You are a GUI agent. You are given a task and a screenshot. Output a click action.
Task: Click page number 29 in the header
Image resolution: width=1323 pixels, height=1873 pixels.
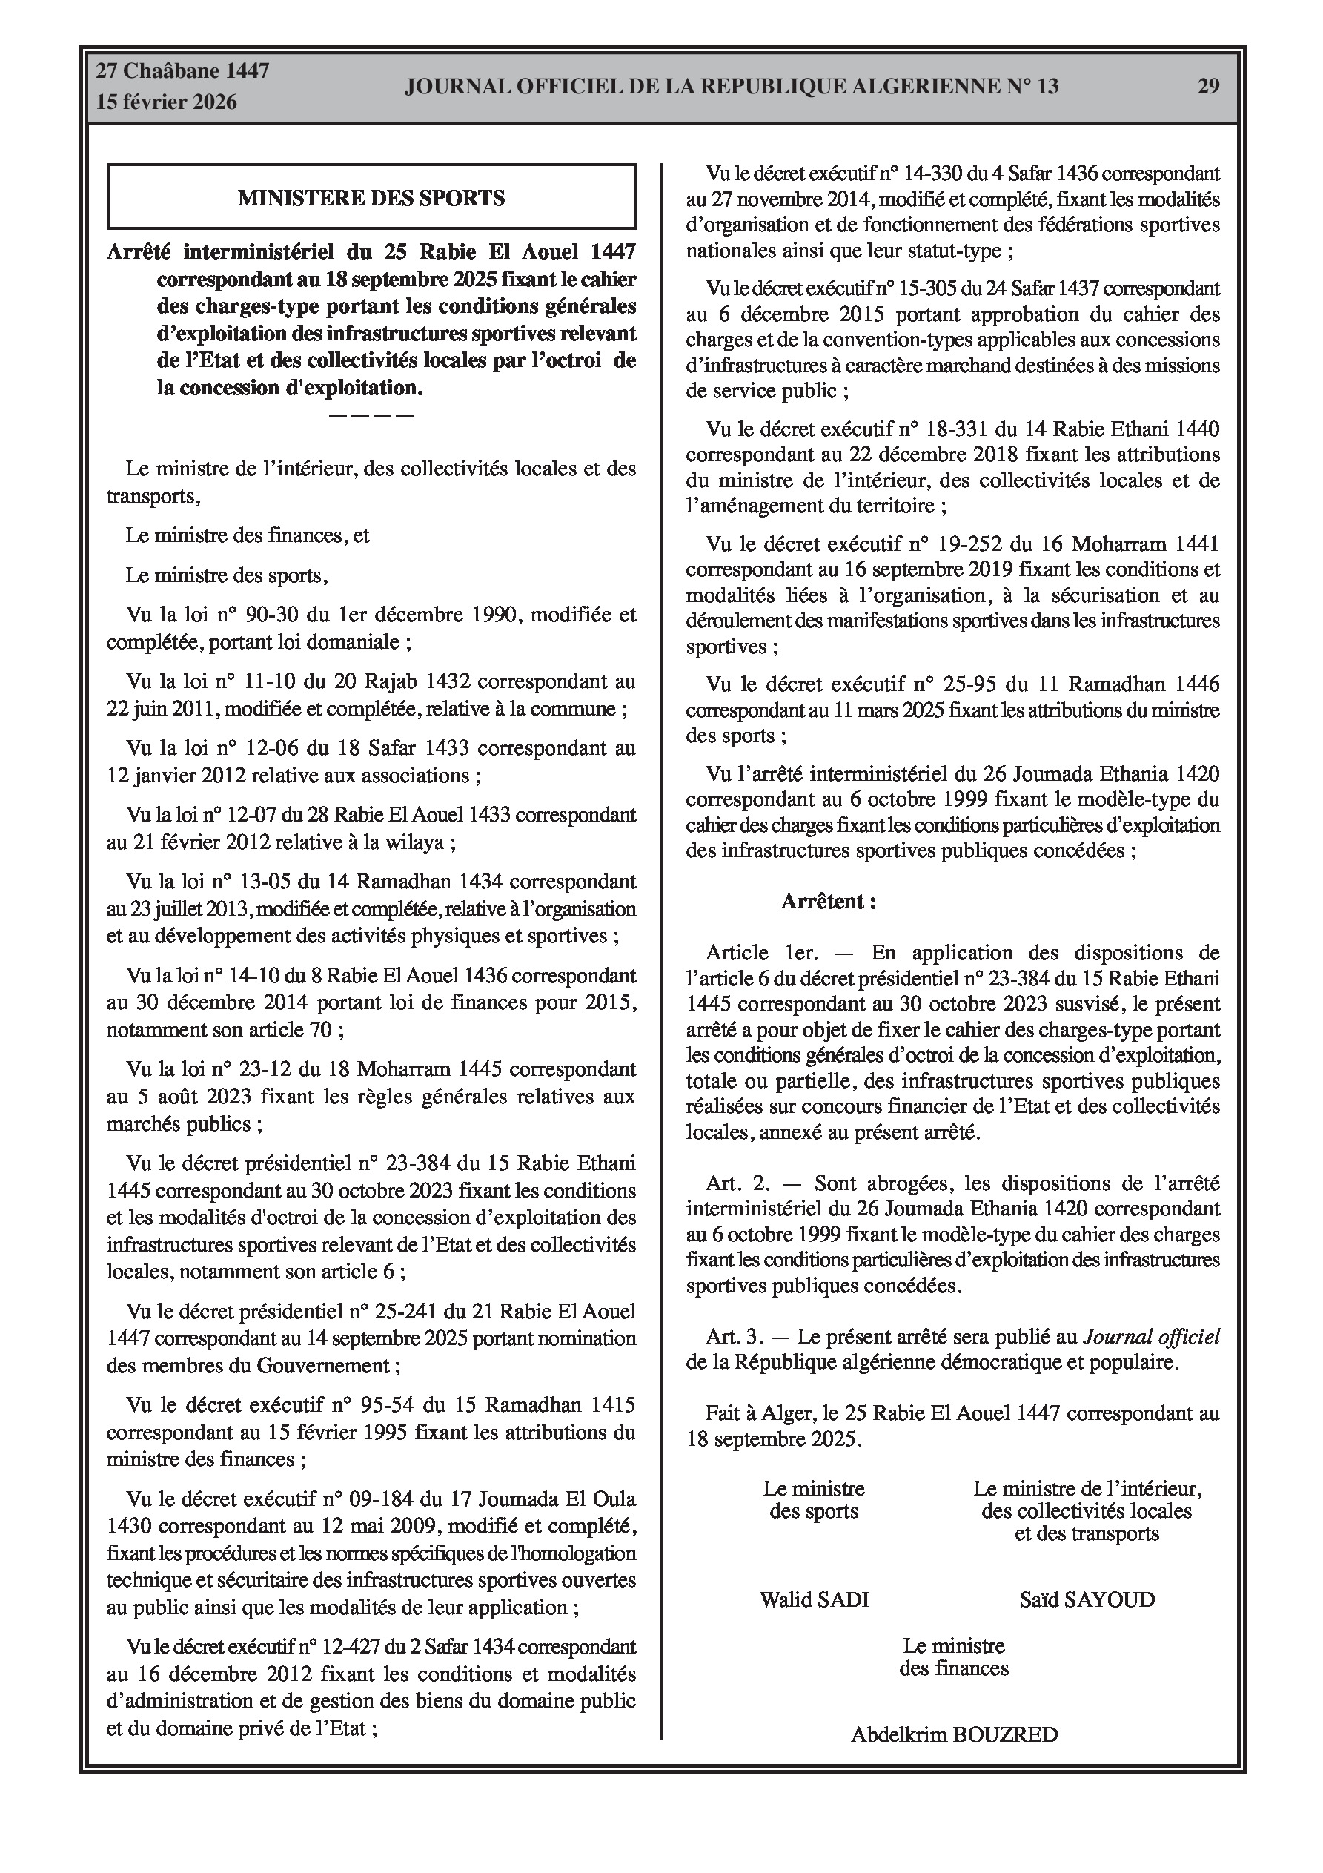click(x=1208, y=87)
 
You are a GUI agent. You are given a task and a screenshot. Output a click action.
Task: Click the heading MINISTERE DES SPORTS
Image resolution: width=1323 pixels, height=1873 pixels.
click(x=371, y=198)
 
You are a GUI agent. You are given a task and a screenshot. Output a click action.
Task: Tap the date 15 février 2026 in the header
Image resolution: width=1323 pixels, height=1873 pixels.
click(x=167, y=102)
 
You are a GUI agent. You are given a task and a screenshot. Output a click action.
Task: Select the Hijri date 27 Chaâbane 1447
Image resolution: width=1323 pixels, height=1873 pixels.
click(x=183, y=72)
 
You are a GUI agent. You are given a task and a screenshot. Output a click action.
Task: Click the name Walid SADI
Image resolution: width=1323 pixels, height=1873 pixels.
click(x=814, y=1599)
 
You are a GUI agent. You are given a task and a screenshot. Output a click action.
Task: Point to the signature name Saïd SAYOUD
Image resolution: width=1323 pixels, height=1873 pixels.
click(x=1087, y=1599)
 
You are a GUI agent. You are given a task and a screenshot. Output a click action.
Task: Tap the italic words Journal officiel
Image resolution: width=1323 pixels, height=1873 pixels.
click(x=1151, y=1337)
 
